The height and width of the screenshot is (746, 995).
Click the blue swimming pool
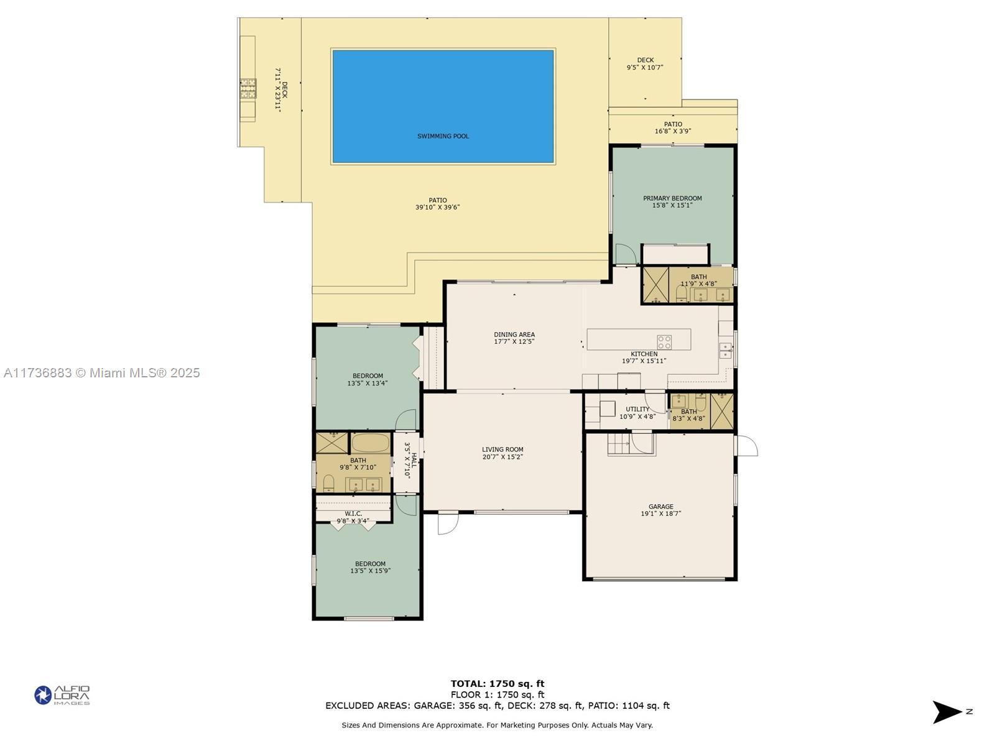443,106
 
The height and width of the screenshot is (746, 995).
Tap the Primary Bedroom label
672,201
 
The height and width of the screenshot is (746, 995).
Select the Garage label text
661,510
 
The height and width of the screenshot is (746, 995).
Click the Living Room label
502,453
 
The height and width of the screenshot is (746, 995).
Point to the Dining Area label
514,338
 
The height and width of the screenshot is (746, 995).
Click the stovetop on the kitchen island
664,342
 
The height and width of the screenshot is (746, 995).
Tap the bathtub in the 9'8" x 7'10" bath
371,443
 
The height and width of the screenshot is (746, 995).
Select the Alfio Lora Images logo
62,695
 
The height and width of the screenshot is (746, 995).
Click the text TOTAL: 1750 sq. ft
497,683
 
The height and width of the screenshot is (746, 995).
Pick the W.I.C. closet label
353,517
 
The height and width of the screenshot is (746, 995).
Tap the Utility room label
637,413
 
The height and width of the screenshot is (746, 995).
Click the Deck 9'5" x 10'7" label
645,63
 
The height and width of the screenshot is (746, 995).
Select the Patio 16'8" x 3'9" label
673,127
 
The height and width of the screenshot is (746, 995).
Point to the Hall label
410,461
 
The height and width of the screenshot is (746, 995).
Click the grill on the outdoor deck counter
248,88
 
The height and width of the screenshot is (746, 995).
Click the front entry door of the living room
448,523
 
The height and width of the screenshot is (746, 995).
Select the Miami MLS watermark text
102,373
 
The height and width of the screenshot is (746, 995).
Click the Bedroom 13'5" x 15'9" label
370,567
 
